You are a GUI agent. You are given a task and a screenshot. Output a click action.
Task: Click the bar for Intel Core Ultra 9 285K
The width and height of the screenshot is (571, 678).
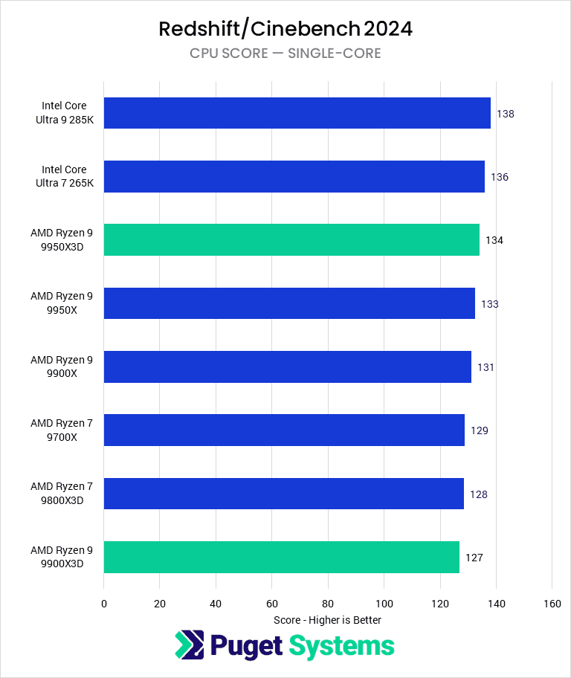[297, 113]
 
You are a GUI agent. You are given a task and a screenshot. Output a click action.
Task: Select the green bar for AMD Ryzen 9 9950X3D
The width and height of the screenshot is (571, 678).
[291, 240]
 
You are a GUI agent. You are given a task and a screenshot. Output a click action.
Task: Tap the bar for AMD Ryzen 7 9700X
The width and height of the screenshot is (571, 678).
[284, 430]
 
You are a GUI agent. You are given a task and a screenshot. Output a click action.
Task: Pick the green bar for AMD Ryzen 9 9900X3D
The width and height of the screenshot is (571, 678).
[281, 557]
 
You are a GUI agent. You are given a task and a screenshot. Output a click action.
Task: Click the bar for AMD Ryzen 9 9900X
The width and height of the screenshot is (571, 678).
[287, 367]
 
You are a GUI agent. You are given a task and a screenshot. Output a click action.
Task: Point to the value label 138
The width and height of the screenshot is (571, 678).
[506, 114]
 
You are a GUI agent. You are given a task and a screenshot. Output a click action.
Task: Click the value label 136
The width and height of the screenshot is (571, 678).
[500, 177]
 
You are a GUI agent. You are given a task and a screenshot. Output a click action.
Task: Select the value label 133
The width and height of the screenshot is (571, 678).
[489, 304]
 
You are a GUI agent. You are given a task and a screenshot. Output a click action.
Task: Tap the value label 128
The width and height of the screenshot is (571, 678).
[479, 494]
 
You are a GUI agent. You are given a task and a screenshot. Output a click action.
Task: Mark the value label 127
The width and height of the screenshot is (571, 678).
[474, 558]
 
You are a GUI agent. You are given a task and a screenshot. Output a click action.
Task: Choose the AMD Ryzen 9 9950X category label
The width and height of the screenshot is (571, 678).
[62, 303]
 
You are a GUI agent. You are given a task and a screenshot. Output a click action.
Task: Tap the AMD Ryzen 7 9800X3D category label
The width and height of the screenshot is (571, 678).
[62, 494]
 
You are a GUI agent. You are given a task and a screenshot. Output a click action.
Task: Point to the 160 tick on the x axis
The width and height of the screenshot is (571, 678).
[552, 604]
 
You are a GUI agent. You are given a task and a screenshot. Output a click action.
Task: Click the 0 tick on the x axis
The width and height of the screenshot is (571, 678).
[104, 604]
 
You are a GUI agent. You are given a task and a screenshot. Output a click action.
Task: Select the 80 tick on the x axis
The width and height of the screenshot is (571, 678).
[328, 604]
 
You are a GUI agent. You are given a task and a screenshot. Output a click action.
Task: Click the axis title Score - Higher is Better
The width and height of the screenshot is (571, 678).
[327, 620]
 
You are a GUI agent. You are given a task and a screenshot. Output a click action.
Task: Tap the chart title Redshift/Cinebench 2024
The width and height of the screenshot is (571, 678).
[285, 29]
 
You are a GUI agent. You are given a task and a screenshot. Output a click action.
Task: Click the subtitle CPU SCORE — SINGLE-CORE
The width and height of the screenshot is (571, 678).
[285, 54]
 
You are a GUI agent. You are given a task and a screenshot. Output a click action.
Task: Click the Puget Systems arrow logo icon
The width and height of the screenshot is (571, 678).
[189, 645]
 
